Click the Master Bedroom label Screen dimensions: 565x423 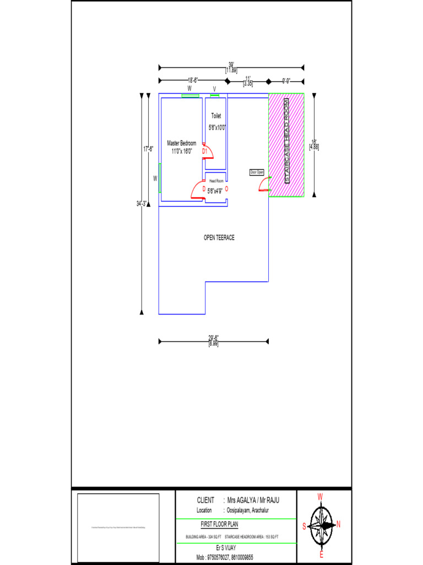(x=181, y=143)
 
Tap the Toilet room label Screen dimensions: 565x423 (x=216, y=116)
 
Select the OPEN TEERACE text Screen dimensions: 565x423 (x=219, y=237)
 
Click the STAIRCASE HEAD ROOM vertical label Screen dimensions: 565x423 (x=286, y=141)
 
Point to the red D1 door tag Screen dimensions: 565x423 (x=204, y=151)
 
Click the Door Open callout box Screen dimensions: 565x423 (x=257, y=172)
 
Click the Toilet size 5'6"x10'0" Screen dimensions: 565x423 (x=217, y=127)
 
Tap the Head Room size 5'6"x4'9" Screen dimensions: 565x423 (x=215, y=191)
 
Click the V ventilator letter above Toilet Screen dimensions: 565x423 (x=214, y=88)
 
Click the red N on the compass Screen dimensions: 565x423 (x=339, y=525)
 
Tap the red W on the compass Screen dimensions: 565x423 (x=320, y=497)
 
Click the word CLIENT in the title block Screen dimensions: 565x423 (x=205, y=500)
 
